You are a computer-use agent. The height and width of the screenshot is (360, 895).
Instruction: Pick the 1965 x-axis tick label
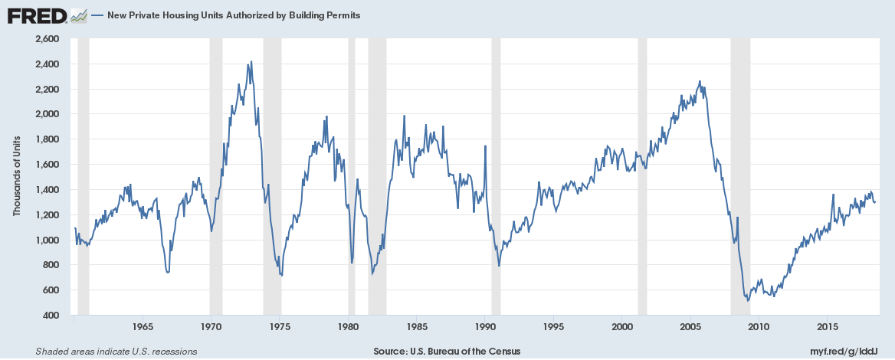[142, 327]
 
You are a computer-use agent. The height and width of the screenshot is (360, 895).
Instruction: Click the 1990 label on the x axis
[485, 327]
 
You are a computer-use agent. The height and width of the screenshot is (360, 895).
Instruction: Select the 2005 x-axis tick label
[690, 327]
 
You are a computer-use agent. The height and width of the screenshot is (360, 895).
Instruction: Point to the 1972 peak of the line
[251, 63]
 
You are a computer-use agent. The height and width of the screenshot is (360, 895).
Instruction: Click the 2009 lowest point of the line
[748, 300]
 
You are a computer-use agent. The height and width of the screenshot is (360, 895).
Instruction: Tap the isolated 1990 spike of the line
[485, 146]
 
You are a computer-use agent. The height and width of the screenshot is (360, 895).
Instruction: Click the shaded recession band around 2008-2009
[740, 176]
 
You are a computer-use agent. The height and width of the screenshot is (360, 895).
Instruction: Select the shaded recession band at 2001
[642, 176]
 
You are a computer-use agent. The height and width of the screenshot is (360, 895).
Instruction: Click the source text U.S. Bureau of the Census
[447, 351]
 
